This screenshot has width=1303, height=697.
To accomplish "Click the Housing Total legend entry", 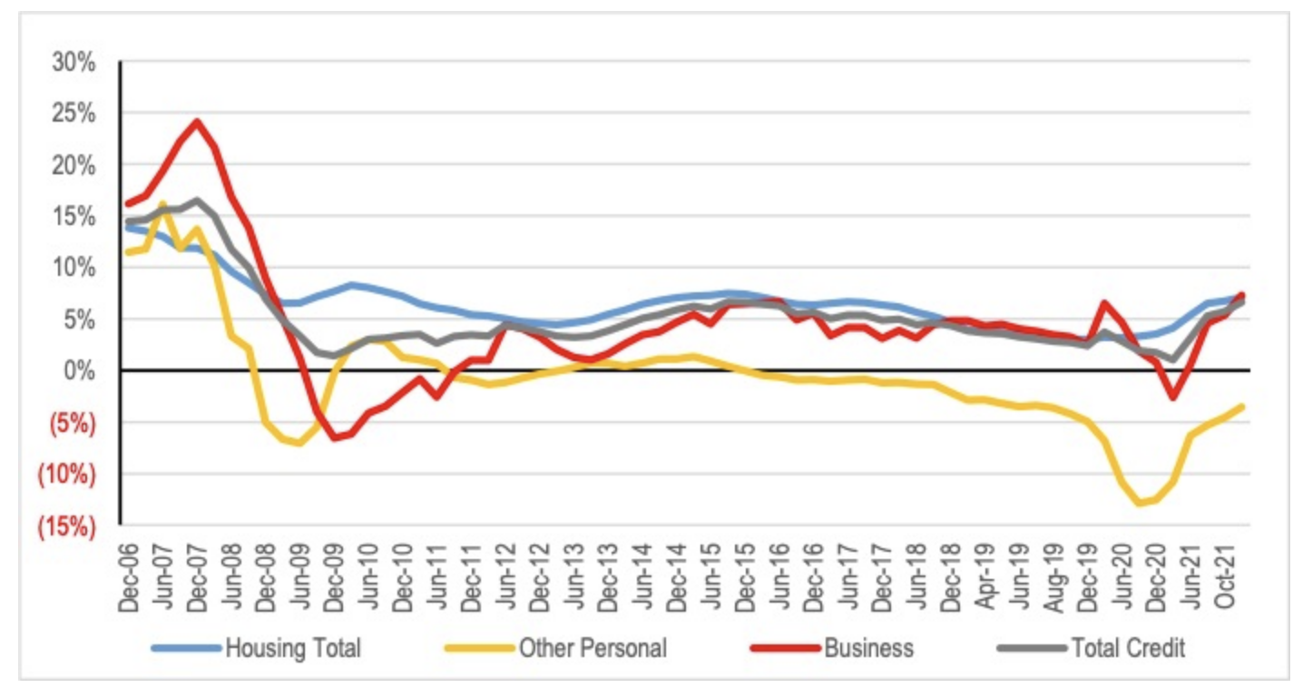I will click(292, 648).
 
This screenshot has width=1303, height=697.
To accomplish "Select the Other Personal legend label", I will click(592, 648).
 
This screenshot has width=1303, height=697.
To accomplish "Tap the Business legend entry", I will click(868, 648).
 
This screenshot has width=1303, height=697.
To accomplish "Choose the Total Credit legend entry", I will click(1128, 648).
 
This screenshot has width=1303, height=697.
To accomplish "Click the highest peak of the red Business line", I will click(197, 121).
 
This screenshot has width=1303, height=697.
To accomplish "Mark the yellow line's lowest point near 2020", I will click(1140, 503).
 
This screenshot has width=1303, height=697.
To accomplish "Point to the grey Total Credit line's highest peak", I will click(197, 200).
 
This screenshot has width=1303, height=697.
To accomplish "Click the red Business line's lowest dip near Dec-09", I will click(335, 438).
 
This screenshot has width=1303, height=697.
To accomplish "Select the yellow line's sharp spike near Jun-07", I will click(162, 203).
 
